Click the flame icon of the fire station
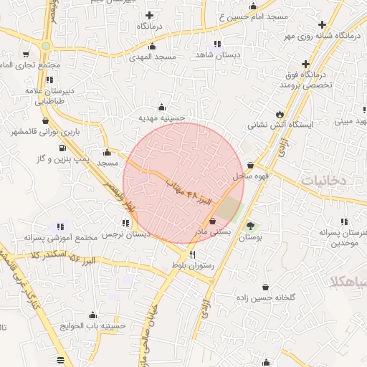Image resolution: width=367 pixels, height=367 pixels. pos(280,114)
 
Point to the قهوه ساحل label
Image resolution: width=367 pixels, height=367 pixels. pos(250,175)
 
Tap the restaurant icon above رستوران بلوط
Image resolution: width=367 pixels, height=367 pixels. pos(191,254)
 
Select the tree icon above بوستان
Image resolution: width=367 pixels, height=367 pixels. pos(250,226)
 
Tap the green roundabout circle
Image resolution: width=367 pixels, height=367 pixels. pos(46,46)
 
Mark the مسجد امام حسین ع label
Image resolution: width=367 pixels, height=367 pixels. pos(244,15)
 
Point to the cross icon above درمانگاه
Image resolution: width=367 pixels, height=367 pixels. pos(149,14)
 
